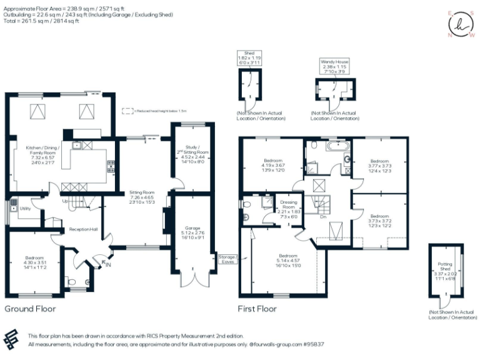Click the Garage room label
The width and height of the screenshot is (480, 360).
[x=192, y=228]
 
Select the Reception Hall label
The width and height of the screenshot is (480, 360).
[x=83, y=229]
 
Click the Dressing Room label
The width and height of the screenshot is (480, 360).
[x=288, y=203]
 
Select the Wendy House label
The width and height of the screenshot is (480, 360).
[x=334, y=62]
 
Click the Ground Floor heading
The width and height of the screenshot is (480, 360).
[x=30, y=309]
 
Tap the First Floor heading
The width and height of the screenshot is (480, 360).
[x=257, y=309]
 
